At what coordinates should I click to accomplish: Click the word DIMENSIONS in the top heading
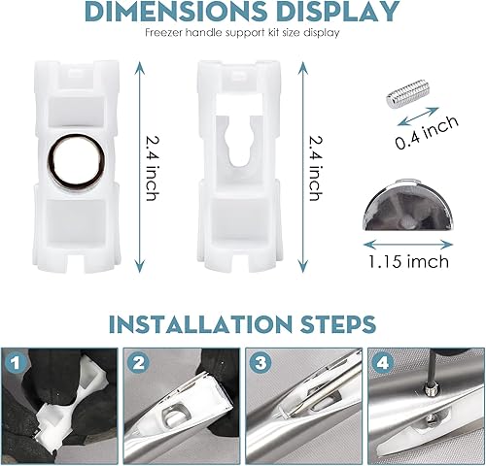[175, 13]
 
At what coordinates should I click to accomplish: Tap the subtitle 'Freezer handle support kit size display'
[243, 32]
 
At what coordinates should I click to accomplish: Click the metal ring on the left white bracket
[72, 156]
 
